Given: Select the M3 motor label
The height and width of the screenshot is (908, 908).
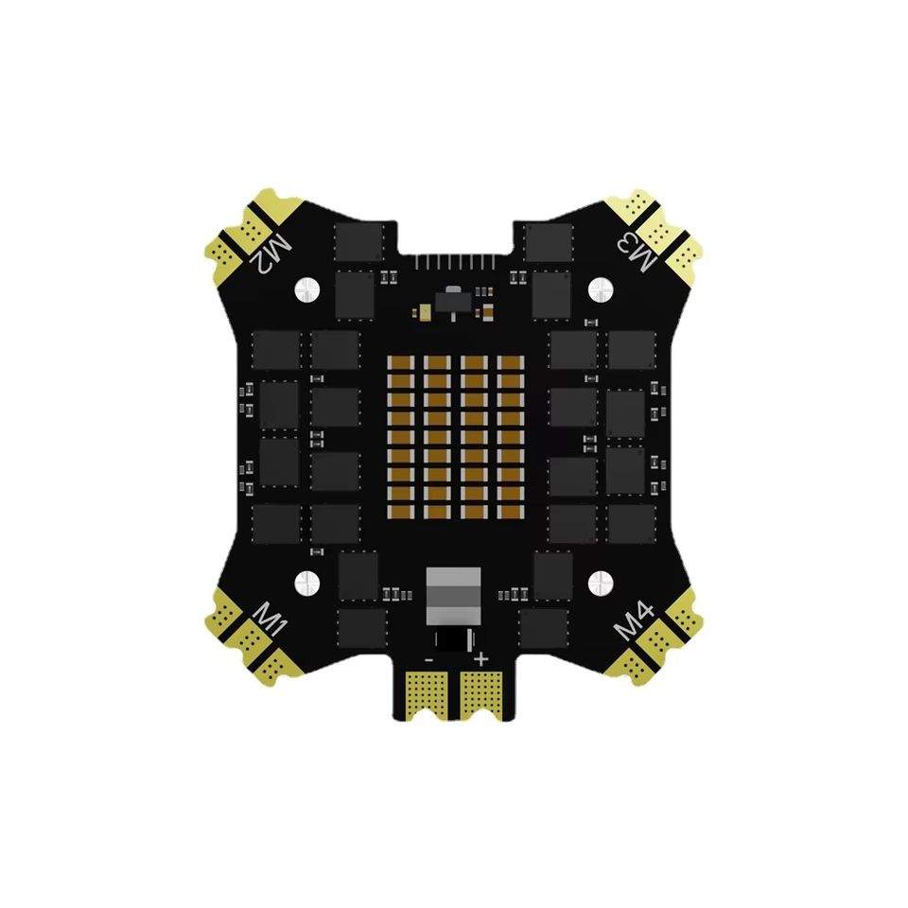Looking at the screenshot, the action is (x=637, y=250).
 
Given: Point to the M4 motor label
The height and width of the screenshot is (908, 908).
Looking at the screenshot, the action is (x=635, y=620).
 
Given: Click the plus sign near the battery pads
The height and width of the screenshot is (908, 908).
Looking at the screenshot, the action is (x=480, y=659).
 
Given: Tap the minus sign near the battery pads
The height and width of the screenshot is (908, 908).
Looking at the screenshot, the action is (x=429, y=659).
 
